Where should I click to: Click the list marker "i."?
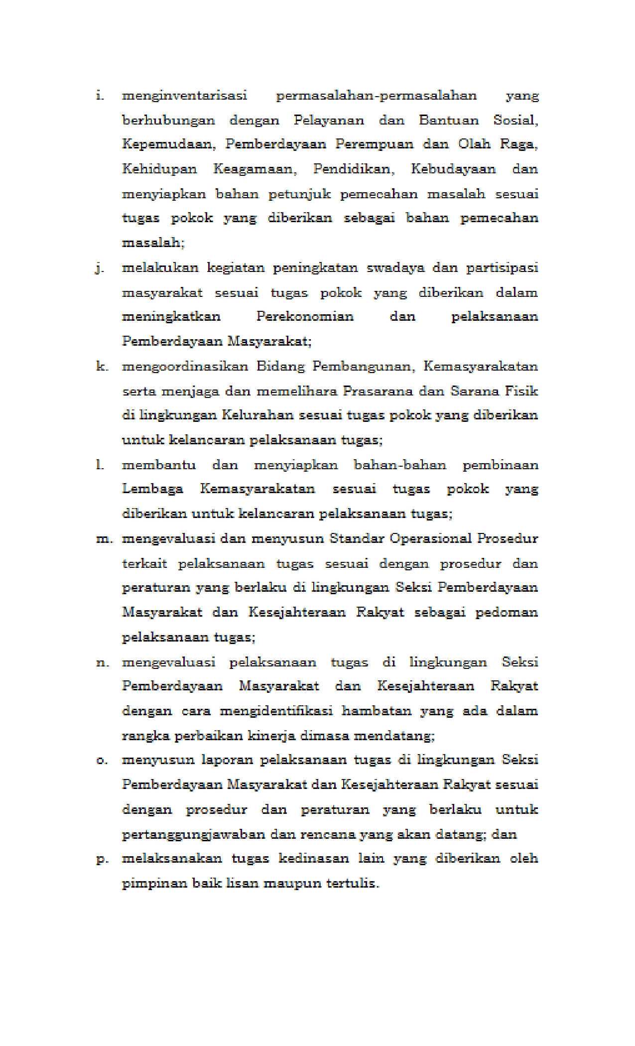(x=100, y=95)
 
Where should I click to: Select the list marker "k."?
(x=102, y=367)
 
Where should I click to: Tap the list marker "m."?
(x=104, y=539)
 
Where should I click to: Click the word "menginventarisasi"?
(x=184, y=96)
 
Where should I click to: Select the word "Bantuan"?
(x=448, y=120)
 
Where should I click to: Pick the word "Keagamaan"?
(x=254, y=169)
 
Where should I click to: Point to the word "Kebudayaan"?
(x=453, y=169)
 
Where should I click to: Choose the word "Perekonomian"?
(x=305, y=316)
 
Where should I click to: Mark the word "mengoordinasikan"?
(x=185, y=367)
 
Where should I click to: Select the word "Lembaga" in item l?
(x=152, y=489)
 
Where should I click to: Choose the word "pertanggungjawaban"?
(x=194, y=834)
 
